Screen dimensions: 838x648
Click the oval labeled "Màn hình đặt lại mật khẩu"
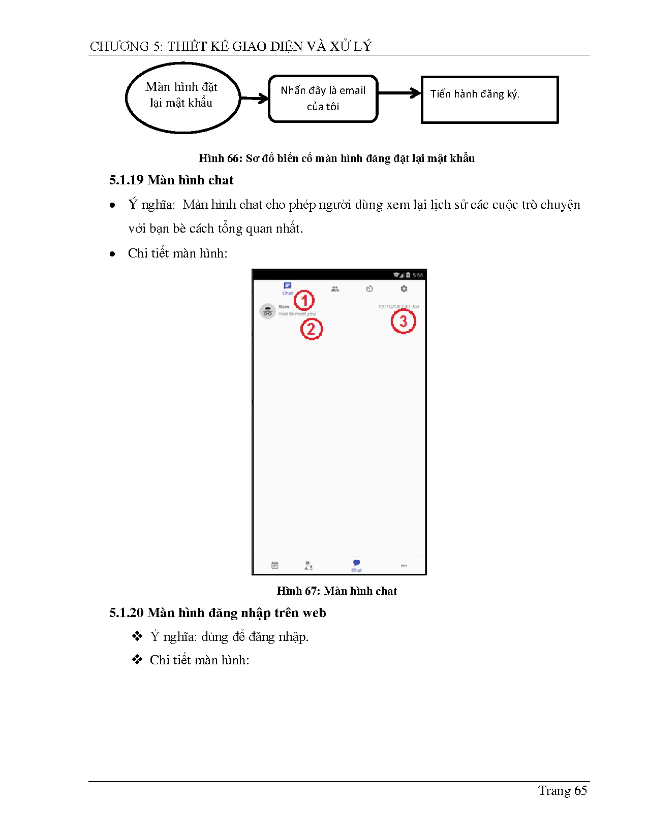coord(182,98)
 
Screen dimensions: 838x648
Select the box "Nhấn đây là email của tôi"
coord(323,99)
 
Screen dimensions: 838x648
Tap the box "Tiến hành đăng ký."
coord(489,100)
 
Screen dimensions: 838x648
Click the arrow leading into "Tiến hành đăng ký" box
coord(399,93)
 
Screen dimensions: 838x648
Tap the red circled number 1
coord(304,301)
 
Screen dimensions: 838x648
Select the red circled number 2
coord(312,329)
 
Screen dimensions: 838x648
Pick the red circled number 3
coord(403,321)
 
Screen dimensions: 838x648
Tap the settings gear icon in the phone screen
coord(404,288)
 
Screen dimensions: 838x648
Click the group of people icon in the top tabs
coord(334,288)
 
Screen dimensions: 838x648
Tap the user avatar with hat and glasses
coord(268,311)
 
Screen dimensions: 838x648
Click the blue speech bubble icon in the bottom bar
coord(356,563)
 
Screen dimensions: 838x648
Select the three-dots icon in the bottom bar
coord(404,565)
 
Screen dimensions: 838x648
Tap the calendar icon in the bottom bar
coord(274,565)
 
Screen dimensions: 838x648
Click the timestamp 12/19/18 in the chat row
coord(389,307)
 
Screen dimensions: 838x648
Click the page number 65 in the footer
coord(580,791)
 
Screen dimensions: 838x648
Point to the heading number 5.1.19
coord(126,180)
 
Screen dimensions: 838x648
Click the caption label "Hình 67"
coord(297,591)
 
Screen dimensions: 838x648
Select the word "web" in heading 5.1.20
coord(314,613)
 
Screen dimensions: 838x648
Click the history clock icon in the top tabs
coord(369,288)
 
